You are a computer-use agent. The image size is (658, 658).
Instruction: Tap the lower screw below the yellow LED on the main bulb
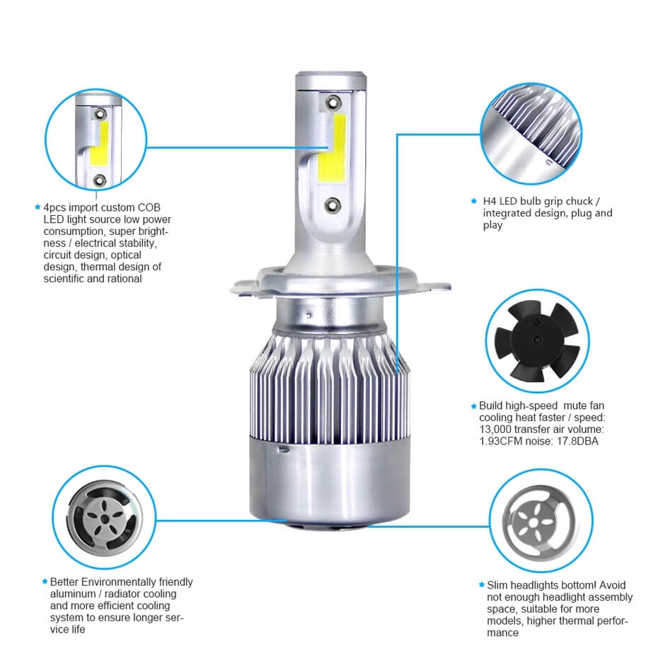[330, 204]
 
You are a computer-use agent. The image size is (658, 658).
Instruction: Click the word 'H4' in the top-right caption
[490, 201]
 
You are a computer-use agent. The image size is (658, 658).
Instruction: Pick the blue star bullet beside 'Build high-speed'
[473, 406]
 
